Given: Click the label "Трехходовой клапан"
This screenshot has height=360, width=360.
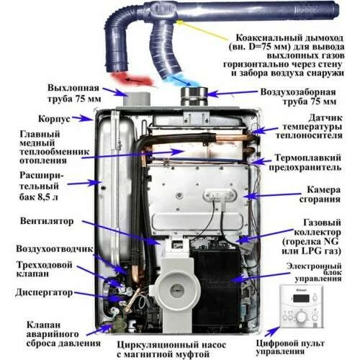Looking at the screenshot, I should click(36, 271).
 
